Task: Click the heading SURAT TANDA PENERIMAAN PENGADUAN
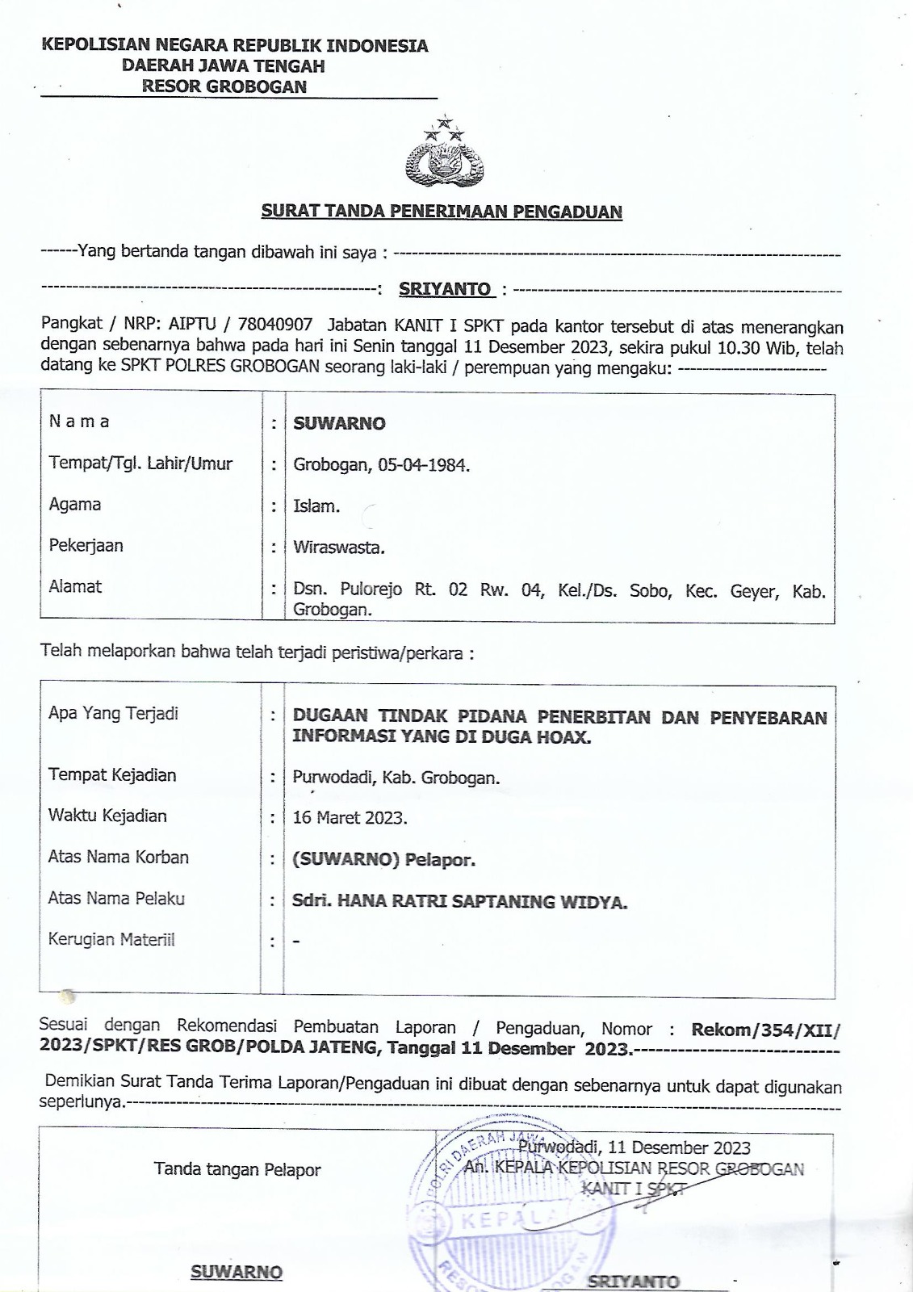[442, 212]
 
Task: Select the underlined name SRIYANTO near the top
[445, 289]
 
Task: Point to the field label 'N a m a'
[79, 422]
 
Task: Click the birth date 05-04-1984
[423, 465]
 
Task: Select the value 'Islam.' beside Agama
[316, 506]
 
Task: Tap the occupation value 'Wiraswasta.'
[339, 547]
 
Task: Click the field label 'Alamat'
[75, 587]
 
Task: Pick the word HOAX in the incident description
[564, 737]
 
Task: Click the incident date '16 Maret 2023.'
[350, 817]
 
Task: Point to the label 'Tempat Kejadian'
[112, 775]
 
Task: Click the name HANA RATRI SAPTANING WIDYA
[482, 902]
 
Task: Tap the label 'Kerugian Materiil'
[111, 940]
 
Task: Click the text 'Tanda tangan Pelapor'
[237, 1169]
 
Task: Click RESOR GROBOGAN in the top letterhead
[224, 86]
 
